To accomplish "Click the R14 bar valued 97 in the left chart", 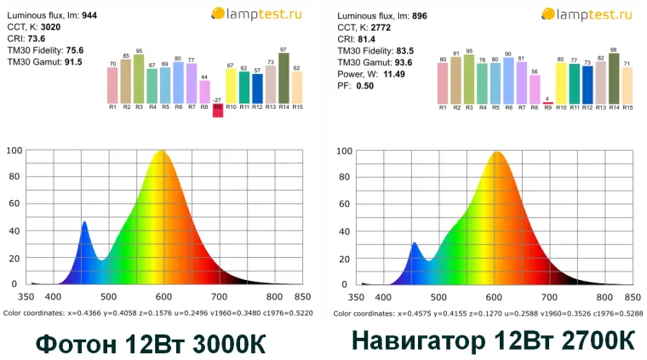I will [283, 79].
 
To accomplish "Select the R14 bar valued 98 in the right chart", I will [614, 79].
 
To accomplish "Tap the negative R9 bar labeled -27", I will [218, 110].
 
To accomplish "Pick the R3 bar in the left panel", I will [139, 79].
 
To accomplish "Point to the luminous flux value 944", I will [89, 15].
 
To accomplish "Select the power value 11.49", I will [394, 74].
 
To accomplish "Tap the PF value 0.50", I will [365, 86].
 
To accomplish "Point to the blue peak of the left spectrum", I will [84, 223].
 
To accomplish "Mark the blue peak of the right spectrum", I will [415, 244].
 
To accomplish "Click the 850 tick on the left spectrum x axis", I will [301, 297].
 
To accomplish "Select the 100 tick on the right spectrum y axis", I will [345, 151].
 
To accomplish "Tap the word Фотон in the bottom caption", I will [74, 345].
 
